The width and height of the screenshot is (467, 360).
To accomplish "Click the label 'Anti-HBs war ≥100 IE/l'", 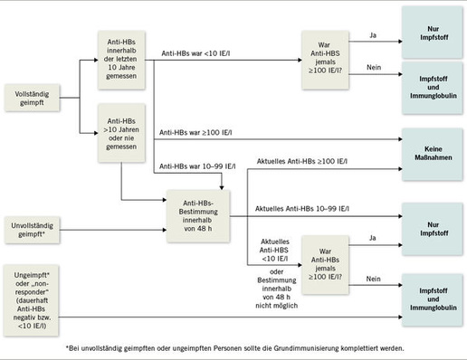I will [196, 132].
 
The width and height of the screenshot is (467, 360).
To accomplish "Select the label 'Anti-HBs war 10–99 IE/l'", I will [198, 166].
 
